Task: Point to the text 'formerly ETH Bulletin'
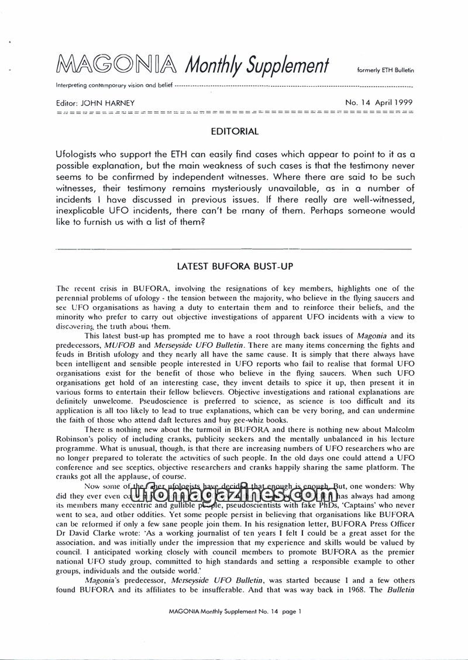click(385, 70)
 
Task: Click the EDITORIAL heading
click(234, 132)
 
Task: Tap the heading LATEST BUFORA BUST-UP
click(235, 266)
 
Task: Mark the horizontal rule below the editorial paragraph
click(234, 250)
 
